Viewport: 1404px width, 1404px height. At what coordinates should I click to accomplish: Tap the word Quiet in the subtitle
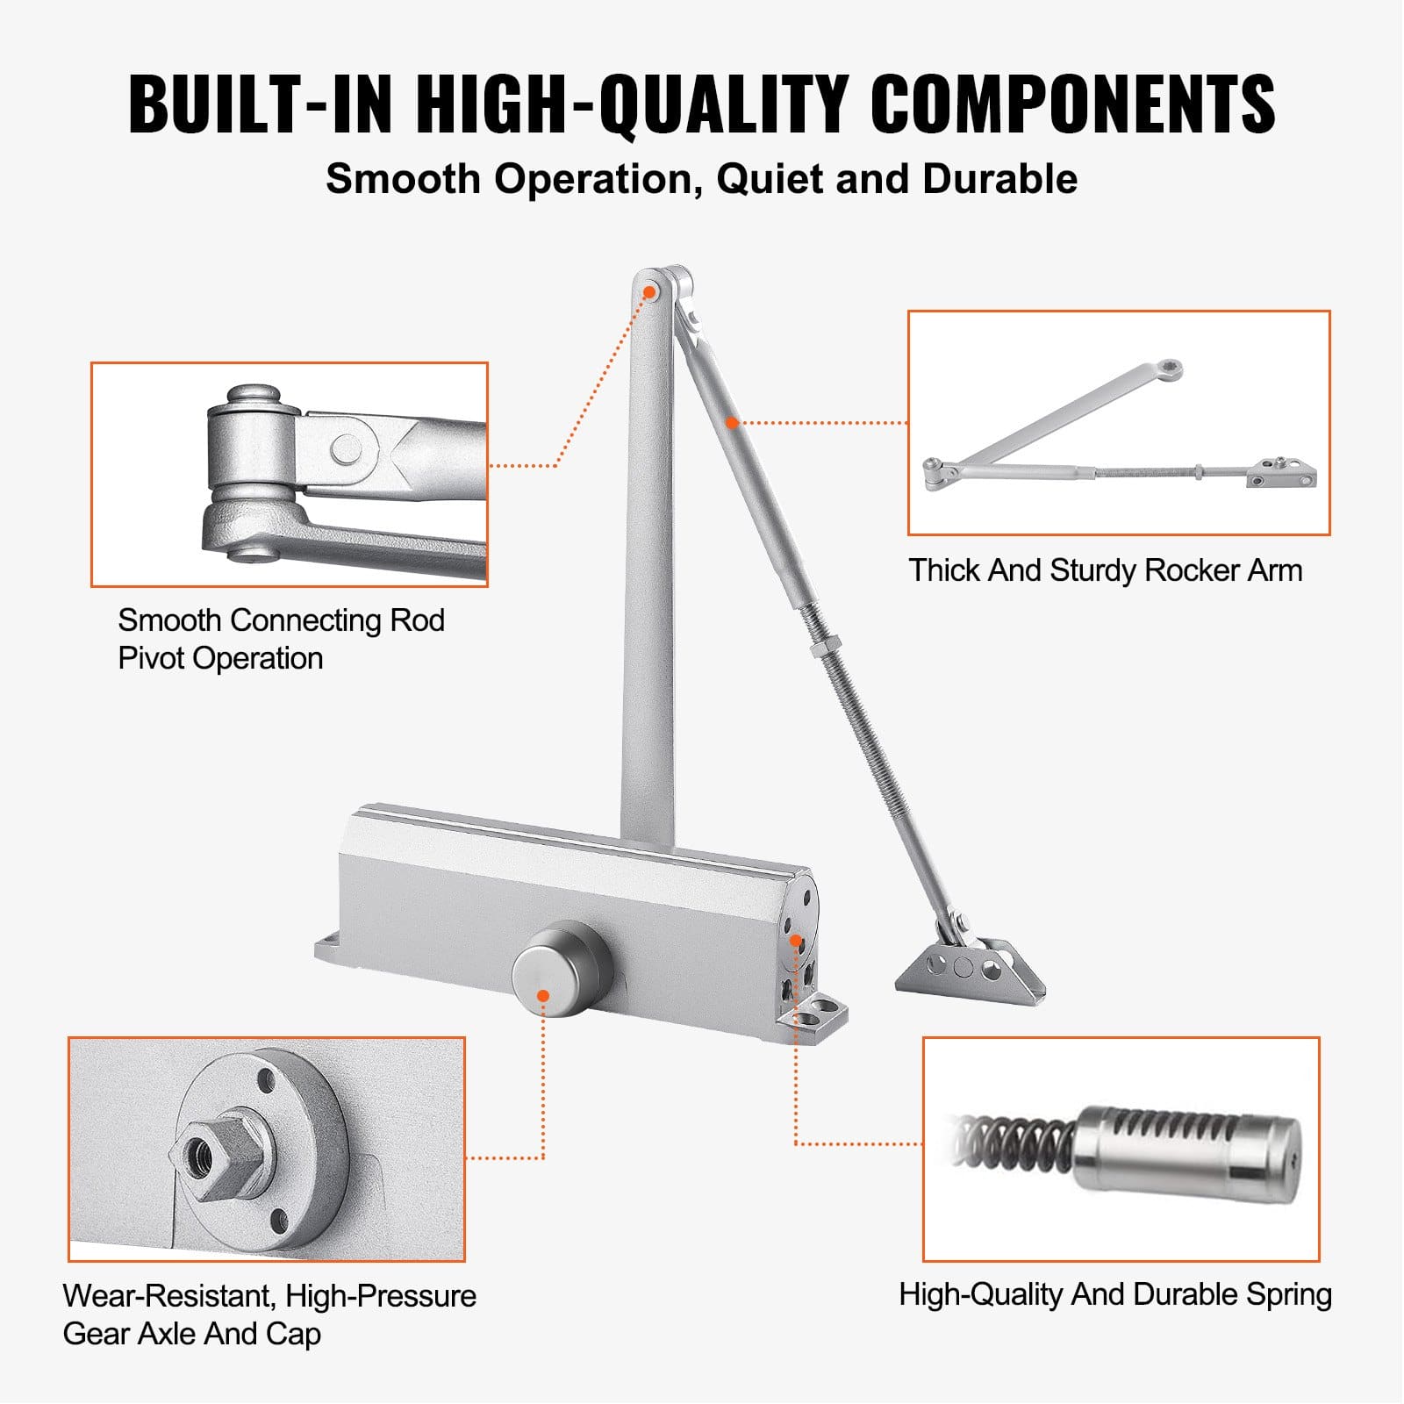coord(769,179)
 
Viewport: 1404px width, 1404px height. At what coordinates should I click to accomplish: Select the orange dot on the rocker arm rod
coord(732,422)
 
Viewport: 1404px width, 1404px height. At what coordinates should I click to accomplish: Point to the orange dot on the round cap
coord(543,995)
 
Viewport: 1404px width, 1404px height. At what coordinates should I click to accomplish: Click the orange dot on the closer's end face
coord(795,941)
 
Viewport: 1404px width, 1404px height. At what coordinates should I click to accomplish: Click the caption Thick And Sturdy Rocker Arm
coord(1105,570)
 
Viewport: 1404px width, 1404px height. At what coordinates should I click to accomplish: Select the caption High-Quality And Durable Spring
coord(1114,1294)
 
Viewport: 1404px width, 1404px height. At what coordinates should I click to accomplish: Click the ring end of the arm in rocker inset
coord(1171,369)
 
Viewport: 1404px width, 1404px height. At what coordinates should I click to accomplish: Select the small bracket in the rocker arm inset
coord(1281,474)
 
